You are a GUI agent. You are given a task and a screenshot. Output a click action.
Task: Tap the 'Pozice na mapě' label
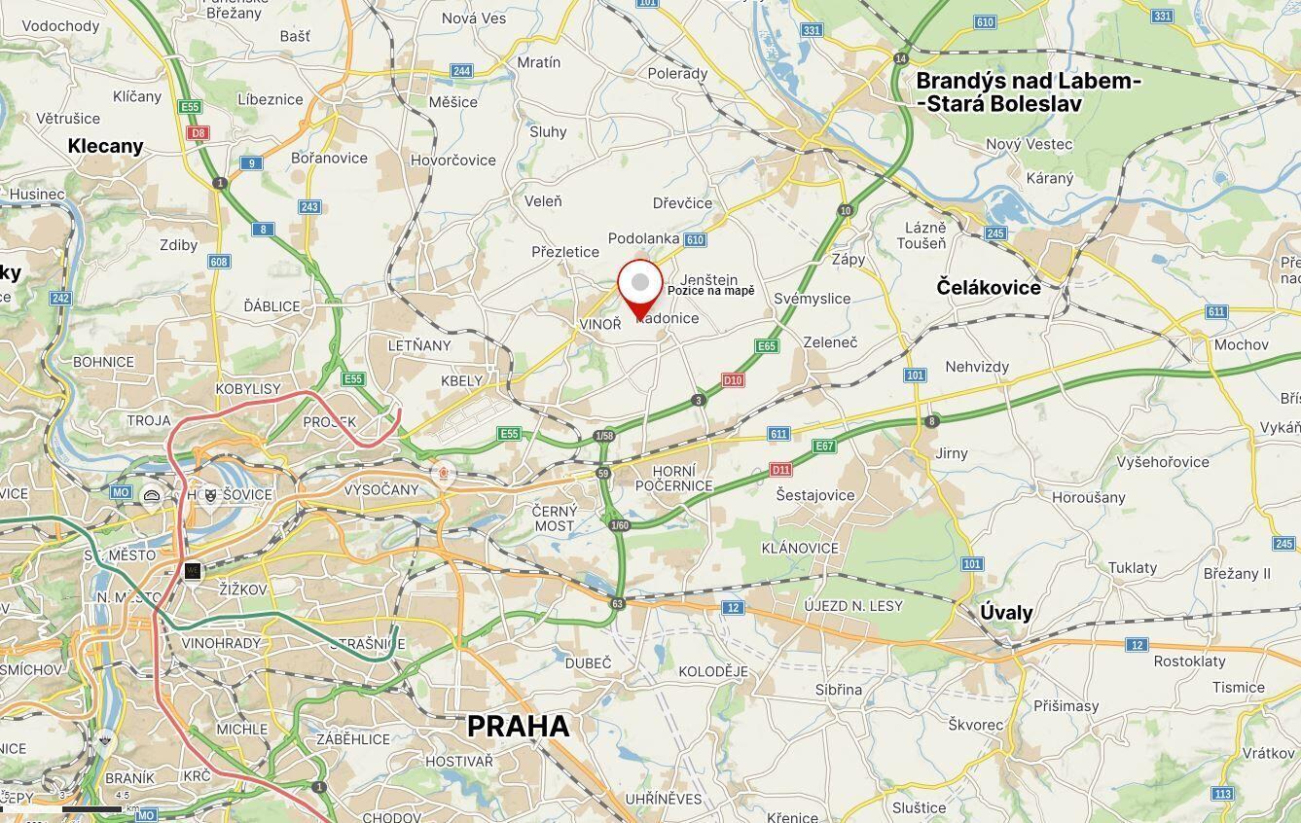(710, 291)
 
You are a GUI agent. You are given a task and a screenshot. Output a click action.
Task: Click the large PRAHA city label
(518, 727)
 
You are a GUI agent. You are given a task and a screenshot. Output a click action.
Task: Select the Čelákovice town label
(989, 287)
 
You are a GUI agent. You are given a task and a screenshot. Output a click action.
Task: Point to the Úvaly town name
(1006, 613)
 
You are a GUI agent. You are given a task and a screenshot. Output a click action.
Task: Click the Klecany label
(105, 146)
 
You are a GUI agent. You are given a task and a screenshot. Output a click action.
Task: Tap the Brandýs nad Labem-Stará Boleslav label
(1028, 92)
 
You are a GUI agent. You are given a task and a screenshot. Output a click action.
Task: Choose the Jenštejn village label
(708, 280)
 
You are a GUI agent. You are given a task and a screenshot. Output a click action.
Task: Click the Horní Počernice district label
(673, 478)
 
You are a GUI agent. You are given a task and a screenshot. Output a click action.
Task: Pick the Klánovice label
(800, 548)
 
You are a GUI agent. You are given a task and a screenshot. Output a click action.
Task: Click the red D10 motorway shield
(733, 380)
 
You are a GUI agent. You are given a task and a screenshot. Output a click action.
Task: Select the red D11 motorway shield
(780, 470)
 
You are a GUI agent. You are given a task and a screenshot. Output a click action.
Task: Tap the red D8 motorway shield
(199, 132)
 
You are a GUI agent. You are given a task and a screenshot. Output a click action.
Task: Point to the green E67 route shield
(824, 447)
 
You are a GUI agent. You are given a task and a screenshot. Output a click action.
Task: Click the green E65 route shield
(767, 346)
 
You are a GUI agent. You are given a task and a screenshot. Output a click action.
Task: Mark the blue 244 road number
(461, 71)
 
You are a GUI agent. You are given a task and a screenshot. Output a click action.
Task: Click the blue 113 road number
(1222, 794)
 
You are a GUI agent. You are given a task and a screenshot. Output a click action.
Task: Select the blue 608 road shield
(219, 262)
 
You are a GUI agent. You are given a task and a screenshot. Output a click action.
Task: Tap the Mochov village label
(1242, 344)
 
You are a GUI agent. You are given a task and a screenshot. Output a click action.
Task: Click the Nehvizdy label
(977, 367)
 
